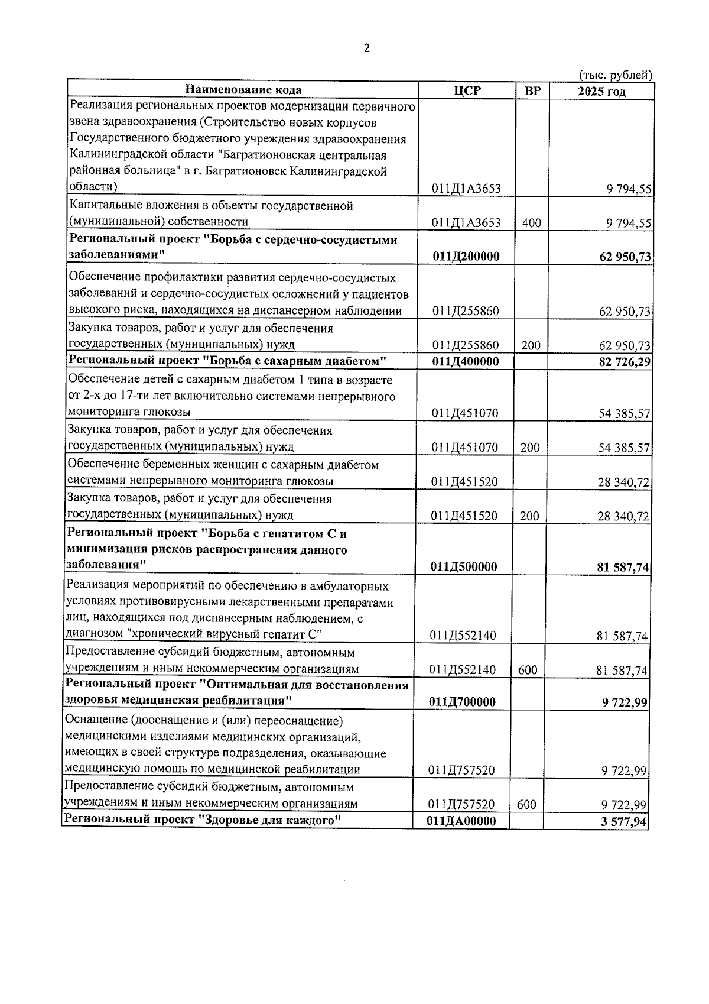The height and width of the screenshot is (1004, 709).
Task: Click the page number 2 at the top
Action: (366, 48)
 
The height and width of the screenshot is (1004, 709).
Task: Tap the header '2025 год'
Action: (601, 91)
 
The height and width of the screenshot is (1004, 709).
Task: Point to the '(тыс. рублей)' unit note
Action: (615, 75)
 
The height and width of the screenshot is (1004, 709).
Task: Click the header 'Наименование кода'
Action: (243, 90)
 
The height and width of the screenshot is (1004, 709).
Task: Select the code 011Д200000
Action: (466, 257)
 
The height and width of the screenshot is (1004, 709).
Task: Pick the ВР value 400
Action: (532, 223)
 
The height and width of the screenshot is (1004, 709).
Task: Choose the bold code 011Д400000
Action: (466, 361)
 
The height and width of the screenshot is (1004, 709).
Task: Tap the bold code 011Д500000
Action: (464, 566)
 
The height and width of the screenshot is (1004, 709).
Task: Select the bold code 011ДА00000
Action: (461, 821)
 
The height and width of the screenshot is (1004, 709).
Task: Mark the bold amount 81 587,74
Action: (623, 568)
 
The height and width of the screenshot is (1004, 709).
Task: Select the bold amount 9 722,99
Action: (625, 702)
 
